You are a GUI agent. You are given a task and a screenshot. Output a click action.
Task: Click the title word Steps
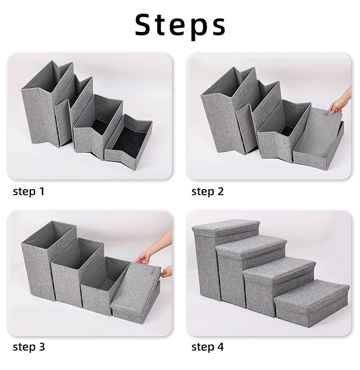[180, 25]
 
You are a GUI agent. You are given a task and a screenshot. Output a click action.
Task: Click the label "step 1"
[29, 191]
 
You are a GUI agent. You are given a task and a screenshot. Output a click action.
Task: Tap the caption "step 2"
[207, 191]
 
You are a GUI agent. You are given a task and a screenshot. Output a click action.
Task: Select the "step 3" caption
[29, 347]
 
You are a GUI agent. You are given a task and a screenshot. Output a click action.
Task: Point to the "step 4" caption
[207, 347]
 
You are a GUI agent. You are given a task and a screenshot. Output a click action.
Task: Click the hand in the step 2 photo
[341, 101]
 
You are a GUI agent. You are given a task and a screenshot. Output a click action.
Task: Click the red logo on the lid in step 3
[152, 271]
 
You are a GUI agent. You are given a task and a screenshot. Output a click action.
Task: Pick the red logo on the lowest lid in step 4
[339, 286]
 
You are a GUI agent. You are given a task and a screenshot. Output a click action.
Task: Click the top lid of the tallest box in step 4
[226, 228]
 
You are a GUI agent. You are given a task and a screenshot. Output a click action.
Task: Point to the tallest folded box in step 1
[46, 104]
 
